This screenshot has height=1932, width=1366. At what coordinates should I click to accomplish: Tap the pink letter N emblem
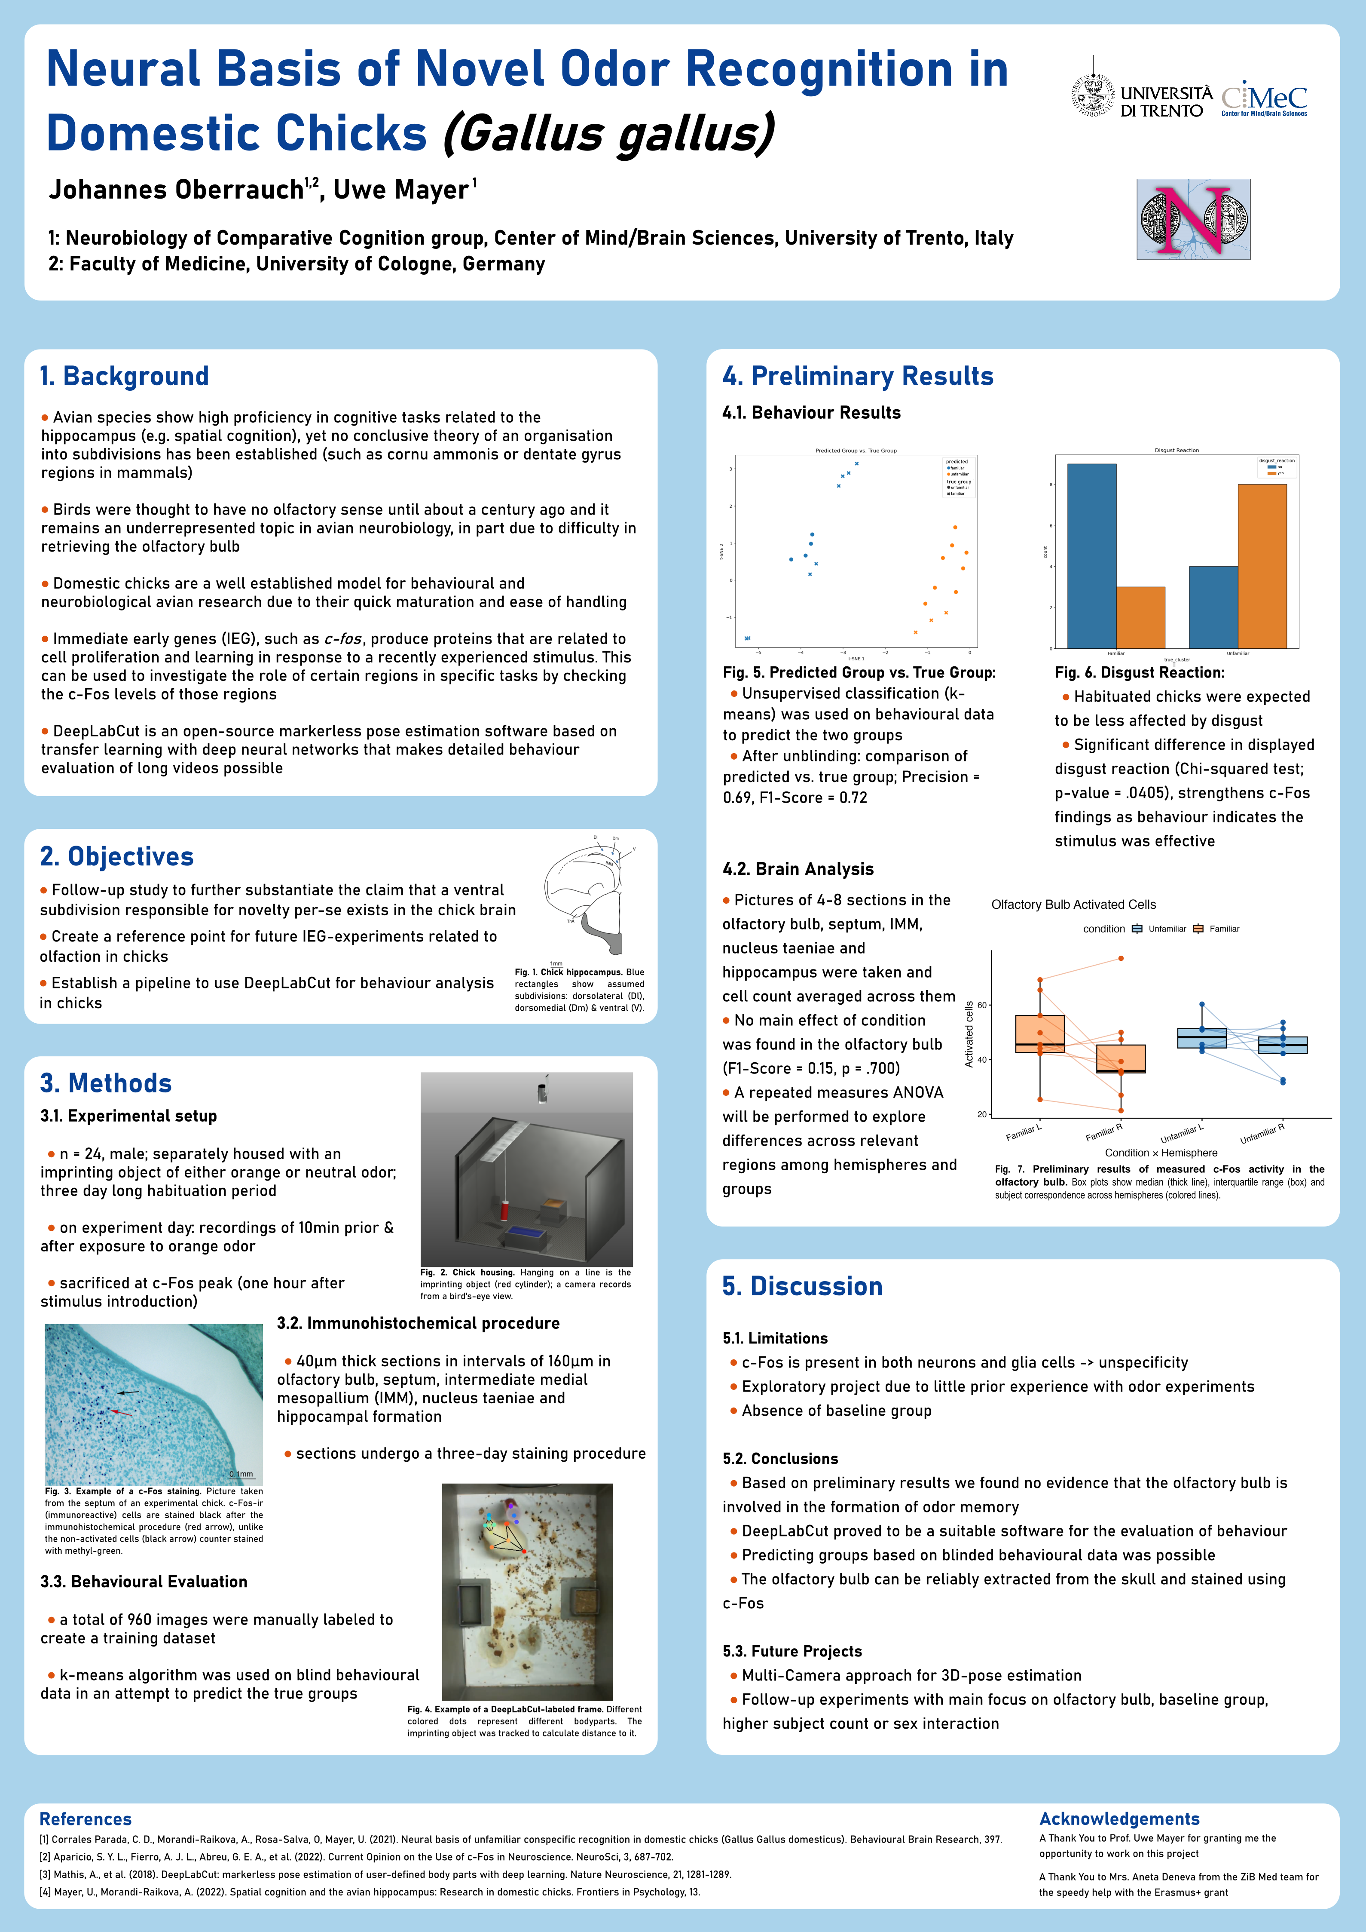pos(1193,219)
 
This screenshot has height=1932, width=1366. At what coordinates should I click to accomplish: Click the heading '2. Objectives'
pos(117,857)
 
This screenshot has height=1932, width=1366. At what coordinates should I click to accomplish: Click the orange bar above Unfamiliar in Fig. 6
pos(1262,565)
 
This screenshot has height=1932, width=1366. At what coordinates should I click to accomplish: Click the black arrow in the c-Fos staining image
pos(128,1392)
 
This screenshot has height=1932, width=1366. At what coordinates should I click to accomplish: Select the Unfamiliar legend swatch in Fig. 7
pos(1137,929)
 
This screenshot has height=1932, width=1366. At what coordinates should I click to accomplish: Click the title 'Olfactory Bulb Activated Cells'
pos(1073,905)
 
